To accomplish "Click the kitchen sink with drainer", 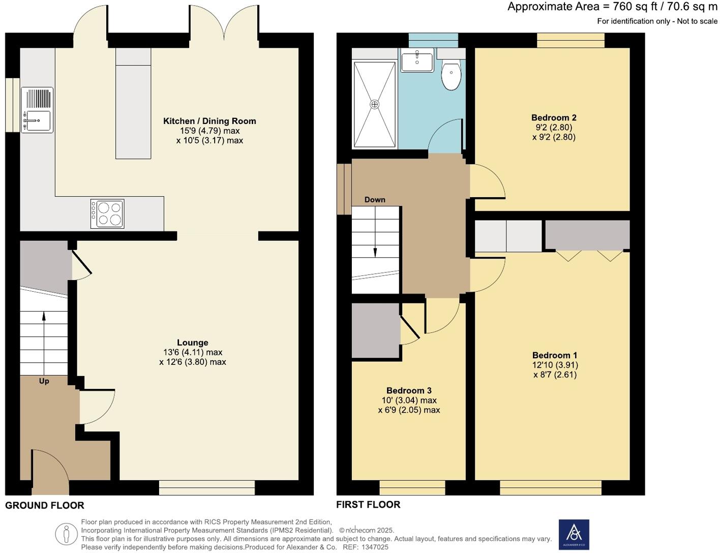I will (37, 110).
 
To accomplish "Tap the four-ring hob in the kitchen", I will (107, 213).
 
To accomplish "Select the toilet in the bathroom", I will (451, 75).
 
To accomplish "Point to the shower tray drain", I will (375, 104).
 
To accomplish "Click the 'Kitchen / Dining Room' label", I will (209, 121).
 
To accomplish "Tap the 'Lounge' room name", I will (193, 343).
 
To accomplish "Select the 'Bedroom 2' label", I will (554, 118).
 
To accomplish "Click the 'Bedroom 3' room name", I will (409, 390).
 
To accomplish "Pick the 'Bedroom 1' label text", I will (555, 355).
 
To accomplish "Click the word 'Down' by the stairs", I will (375, 200).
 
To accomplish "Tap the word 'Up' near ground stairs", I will (44, 381).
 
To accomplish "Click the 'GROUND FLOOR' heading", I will (45, 505).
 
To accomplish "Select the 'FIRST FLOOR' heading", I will (368, 504).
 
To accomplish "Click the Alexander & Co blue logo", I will (574, 534).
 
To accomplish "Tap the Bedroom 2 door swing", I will (487, 180).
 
